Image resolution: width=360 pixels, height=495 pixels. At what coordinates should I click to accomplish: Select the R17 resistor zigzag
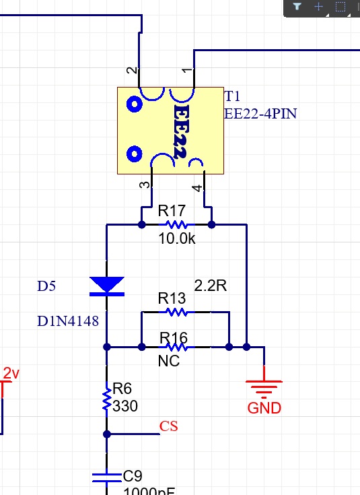pyautogui.click(x=176, y=225)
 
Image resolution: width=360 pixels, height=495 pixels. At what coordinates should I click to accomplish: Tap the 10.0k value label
pyautogui.click(x=177, y=238)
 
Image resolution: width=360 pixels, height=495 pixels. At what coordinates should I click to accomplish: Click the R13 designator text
pyautogui.click(x=172, y=298)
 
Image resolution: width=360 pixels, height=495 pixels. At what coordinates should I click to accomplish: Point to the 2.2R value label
pyautogui.click(x=210, y=286)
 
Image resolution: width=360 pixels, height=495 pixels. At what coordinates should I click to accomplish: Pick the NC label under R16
pyautogui.click(x=169, y=361)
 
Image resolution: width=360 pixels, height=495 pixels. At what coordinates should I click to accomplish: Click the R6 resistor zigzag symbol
pyautogui.click(x=107, y=399)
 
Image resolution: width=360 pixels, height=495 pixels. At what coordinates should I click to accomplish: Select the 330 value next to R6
pyautogui.click(x=125, y=406)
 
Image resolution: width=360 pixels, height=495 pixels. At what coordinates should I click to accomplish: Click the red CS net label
pyautogui.click(x=168, y=426)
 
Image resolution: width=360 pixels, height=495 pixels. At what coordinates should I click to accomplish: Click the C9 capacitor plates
pyautogui.click(x=106, y=477)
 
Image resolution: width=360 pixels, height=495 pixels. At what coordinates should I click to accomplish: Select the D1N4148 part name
pyautogui.click(x=68, y=321)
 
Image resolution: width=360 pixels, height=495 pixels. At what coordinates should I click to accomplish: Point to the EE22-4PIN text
pyautogui.click(x=260, y=114)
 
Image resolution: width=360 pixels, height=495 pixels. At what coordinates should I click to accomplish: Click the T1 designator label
pyautogui.click(x=232, y=96)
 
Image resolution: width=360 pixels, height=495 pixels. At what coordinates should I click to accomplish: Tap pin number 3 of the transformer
pyautogui.click(x=145, y=185)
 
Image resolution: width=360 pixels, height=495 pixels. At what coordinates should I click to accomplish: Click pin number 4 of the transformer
pyautogui.click(x=197, y=188)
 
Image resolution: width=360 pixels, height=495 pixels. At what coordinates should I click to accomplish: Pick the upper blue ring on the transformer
pyautogui.click(x=134, y=104)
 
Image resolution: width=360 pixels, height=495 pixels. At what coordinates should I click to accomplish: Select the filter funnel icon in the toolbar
pyautogui.click(x=297, y=6)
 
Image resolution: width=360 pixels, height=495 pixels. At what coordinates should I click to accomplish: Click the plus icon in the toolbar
pyautogui.click(x=319, y=6)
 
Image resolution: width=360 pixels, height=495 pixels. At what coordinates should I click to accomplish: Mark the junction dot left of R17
pyautogui.click(x=142, y=225)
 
